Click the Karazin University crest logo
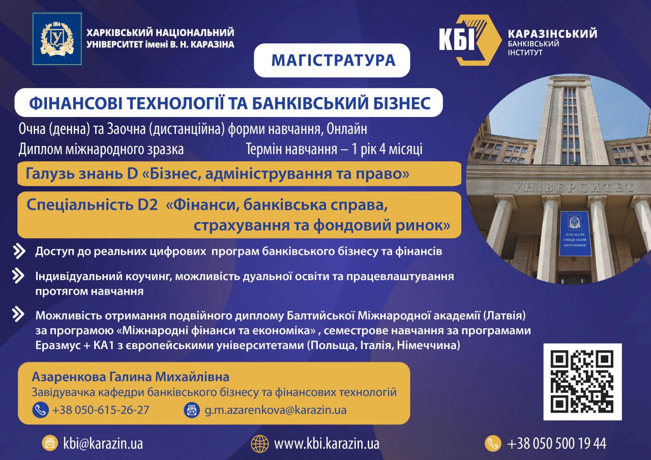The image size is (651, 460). coord(57,39)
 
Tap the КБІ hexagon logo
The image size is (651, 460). coord(470,40)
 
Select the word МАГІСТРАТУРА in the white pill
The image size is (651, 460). coord(333,60)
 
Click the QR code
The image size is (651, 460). coord(582,382)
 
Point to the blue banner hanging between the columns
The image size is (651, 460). coord(575,234)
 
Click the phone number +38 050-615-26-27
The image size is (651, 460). coord(101,410)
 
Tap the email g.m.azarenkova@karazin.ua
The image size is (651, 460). coord(276,410)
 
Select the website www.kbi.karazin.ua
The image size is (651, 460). coord(327,444)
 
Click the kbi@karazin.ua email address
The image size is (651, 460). coord(103,444)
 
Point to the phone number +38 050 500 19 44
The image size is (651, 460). coord(556,444)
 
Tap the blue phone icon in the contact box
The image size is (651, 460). coord(40,410)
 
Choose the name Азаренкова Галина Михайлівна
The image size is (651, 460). coord(131,377)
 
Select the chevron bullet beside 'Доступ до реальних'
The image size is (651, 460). coord(19,251)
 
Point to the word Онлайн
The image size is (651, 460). coord(347,129)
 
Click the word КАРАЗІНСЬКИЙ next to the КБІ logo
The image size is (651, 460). coord(552,34)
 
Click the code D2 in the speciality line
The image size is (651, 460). coord(147,205)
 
